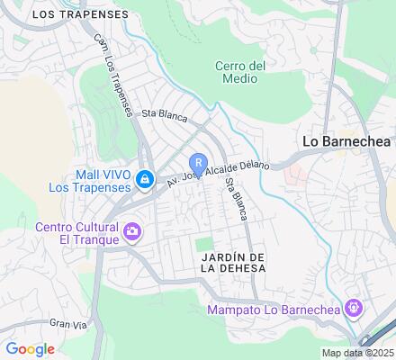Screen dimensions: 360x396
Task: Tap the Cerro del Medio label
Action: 240,71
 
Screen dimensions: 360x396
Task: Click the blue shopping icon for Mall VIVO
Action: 144,181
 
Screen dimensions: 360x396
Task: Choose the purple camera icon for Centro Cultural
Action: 132,232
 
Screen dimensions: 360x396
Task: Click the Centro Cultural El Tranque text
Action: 77,232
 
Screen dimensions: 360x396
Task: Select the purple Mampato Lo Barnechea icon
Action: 355,309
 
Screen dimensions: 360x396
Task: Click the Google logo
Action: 30,349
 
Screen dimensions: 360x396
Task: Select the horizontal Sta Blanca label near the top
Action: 163,113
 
